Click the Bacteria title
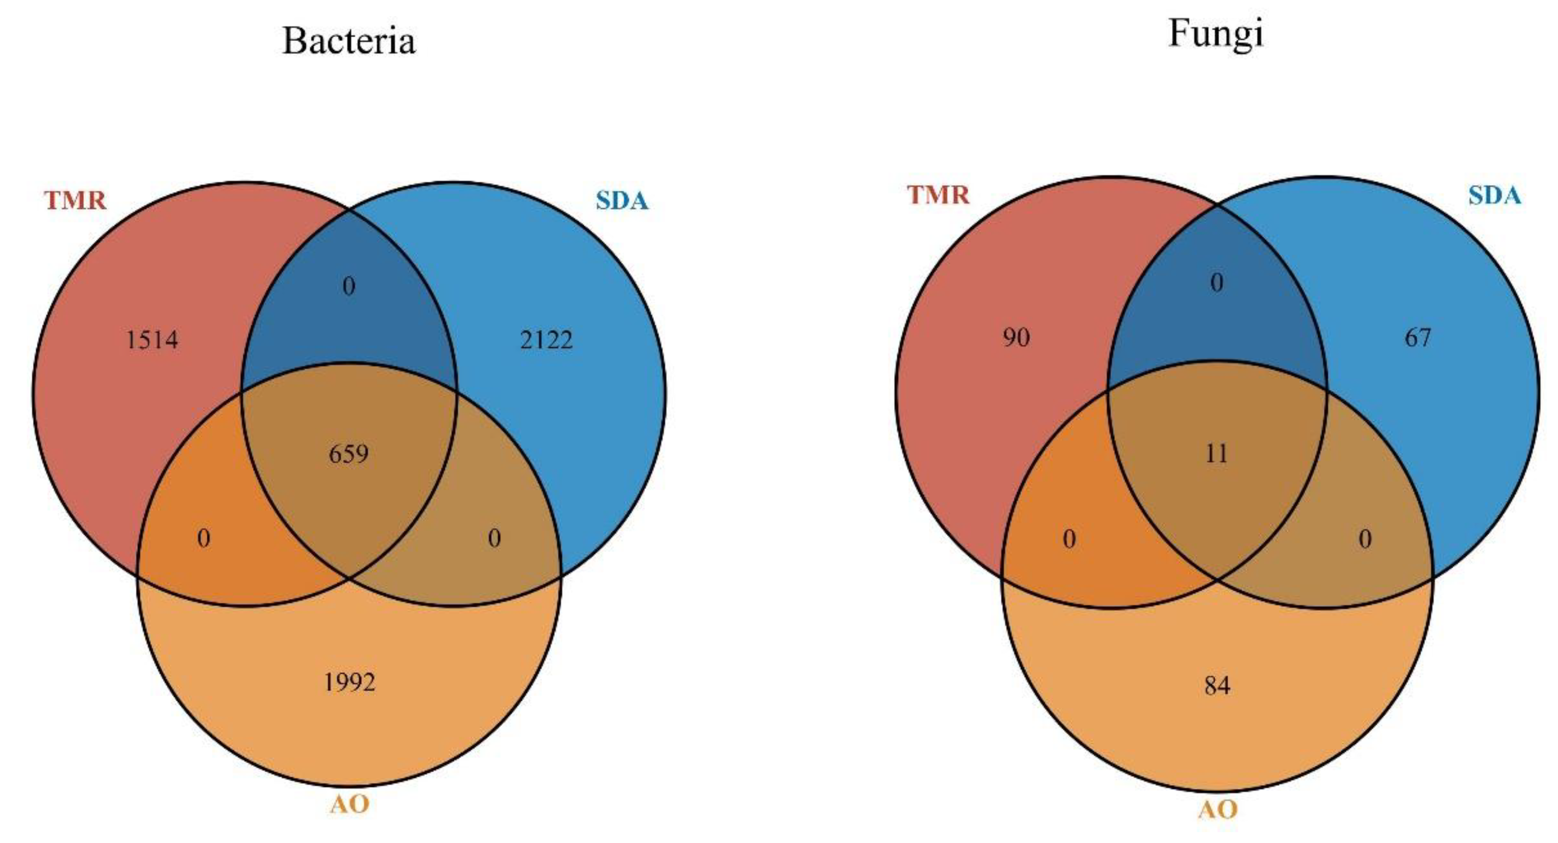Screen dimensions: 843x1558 coord(349,41)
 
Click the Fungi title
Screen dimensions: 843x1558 coord(1215,34)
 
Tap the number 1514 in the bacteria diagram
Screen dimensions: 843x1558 coord(152,340)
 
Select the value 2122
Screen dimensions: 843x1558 coord(546,340)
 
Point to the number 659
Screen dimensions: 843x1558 coord(348,453)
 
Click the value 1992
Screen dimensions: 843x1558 coord(350,683)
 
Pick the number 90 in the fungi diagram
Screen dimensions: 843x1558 coord(1016,337)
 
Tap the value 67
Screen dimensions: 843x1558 coord(1418,337)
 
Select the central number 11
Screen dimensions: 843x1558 coord(1216,453)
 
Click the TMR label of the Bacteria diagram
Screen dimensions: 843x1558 coord(75,200)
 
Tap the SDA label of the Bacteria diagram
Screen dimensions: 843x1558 coord(622,200)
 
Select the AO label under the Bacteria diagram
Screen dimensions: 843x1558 coord(350,804)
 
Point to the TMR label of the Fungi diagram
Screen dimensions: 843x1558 coord(938,195)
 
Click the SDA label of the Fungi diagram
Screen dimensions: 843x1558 coord(1494,195)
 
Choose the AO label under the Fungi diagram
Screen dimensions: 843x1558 coord(1217,809)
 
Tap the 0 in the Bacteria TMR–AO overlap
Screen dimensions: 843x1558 coord(204,538)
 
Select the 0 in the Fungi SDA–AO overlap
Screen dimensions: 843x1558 coord(1365,539)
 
